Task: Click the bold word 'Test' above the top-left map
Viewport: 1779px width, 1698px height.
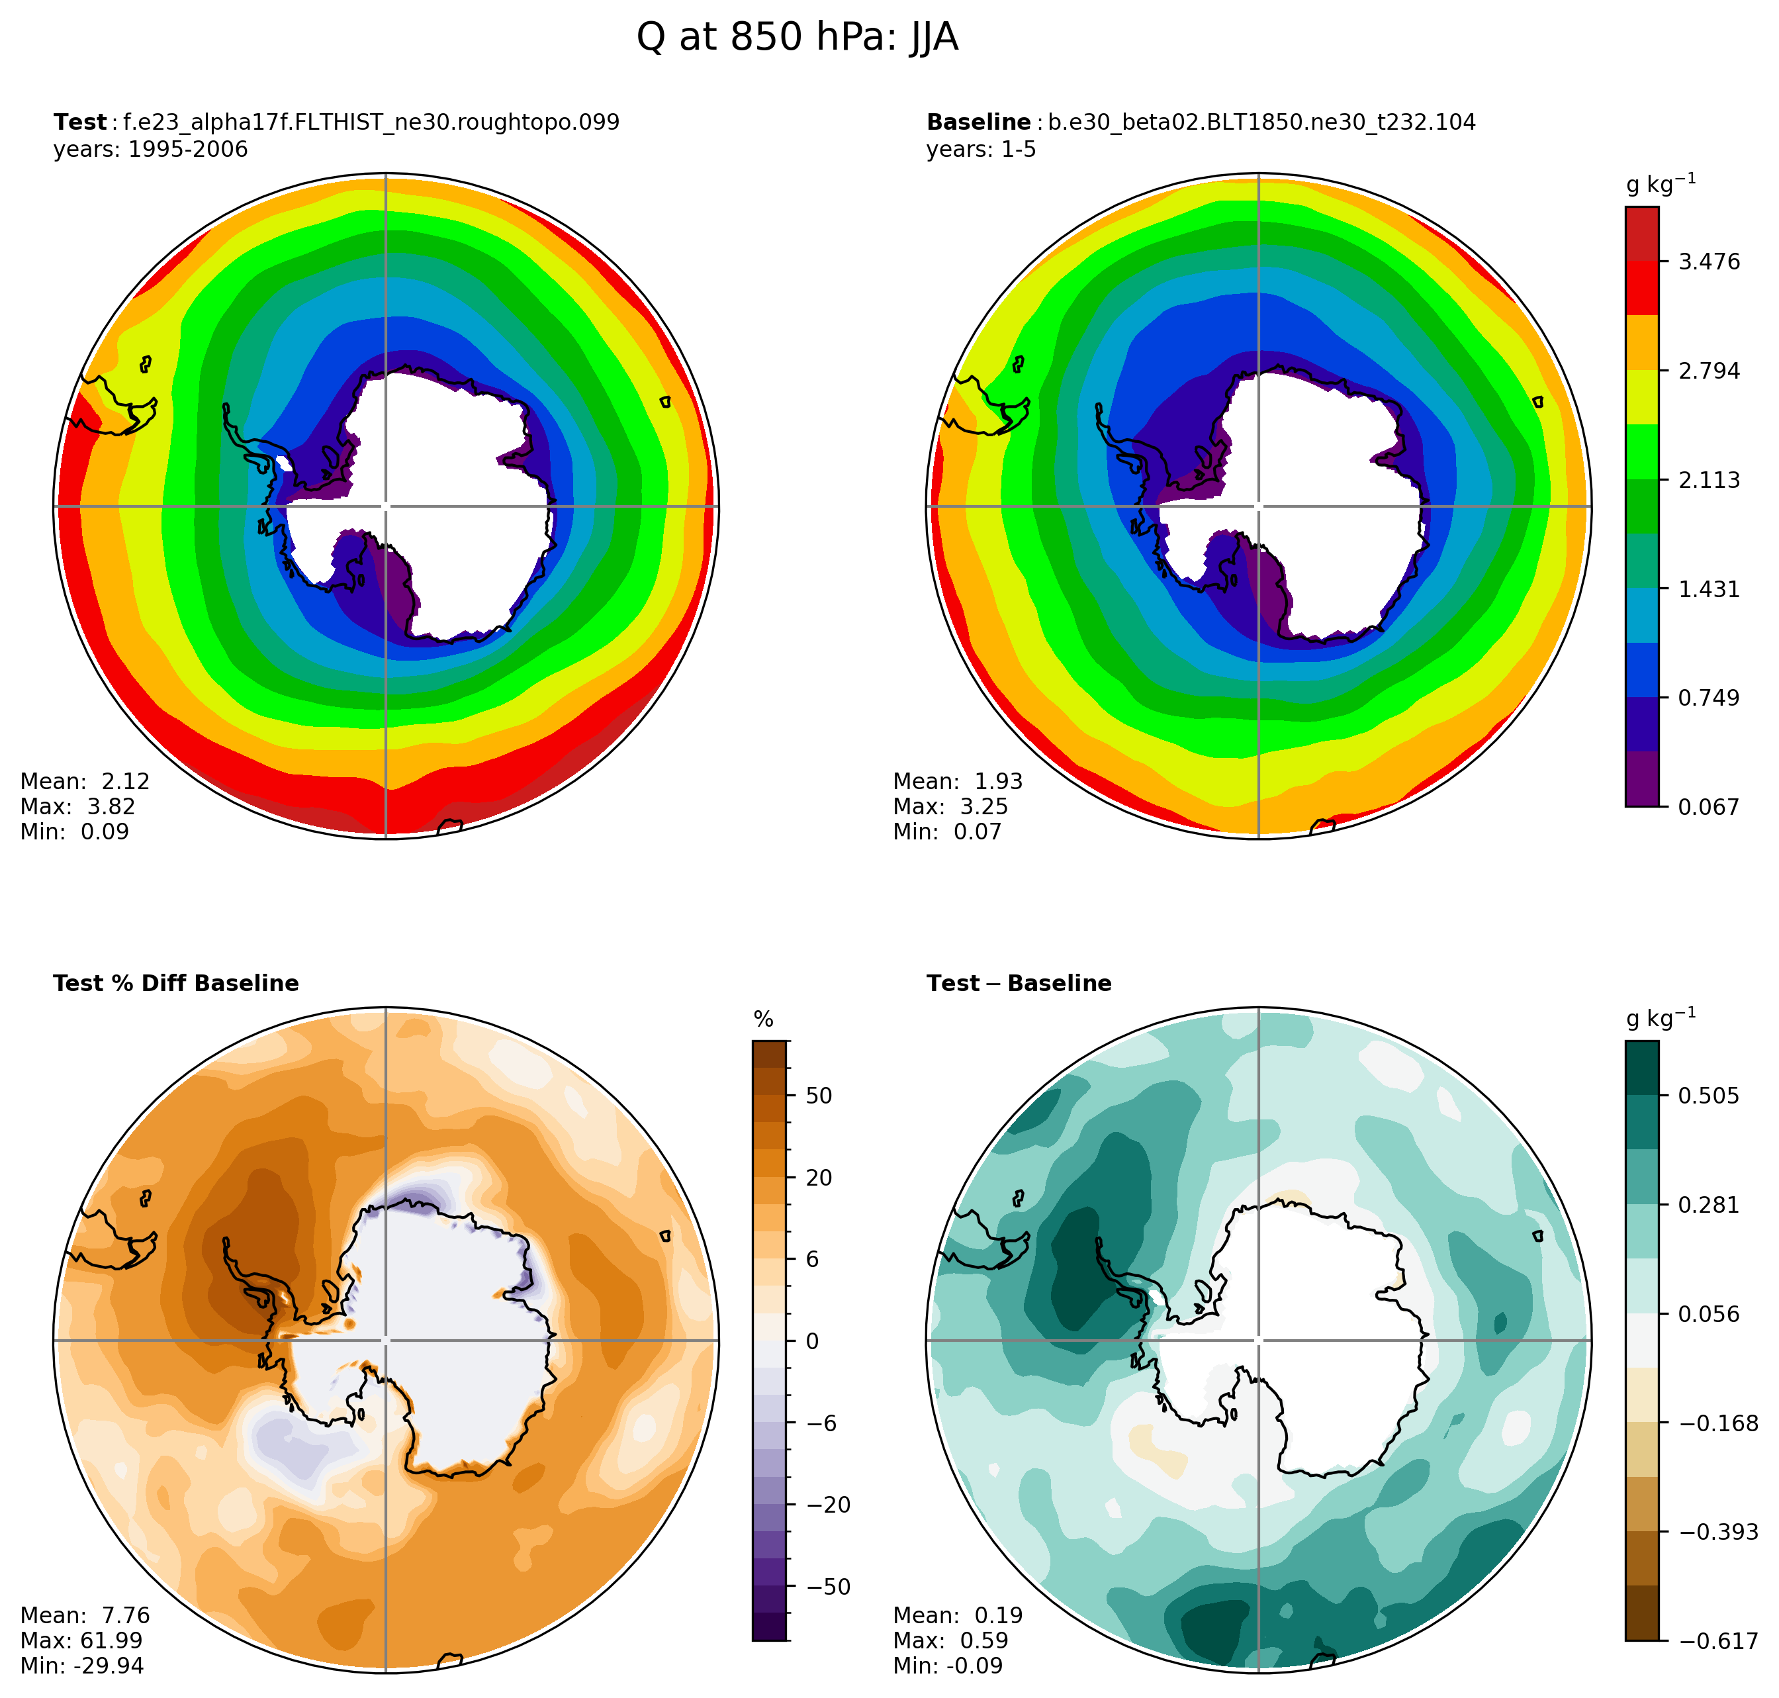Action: (79, 122)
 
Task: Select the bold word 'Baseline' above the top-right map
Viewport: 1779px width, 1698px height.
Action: (978, 122)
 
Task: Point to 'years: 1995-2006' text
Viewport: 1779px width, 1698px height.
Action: (150, 150)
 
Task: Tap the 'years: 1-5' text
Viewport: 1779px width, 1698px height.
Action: (981, 150)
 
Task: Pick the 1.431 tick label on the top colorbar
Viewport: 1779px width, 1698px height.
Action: (1708, 590)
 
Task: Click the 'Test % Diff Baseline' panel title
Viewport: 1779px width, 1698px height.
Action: (175, 984)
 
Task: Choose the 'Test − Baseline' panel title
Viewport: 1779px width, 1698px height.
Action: (1019, 984)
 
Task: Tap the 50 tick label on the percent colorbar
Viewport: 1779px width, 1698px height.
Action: (818, 1096)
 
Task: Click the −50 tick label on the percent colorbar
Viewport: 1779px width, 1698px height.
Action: (827, 1587)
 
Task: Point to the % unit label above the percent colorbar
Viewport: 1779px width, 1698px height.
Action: (764, 1020)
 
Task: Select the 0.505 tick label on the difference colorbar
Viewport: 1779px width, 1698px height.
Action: (1708, 1096)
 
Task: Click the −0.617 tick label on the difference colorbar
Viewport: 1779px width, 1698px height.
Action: (1717, 1641)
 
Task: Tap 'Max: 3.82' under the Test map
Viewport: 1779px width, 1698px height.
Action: (78, 806)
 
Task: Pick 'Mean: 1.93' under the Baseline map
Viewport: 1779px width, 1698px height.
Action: (958, 781)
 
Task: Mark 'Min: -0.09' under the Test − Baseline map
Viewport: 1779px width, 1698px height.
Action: (948, 1666)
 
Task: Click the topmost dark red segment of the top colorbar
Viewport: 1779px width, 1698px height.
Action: (1641, 234)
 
